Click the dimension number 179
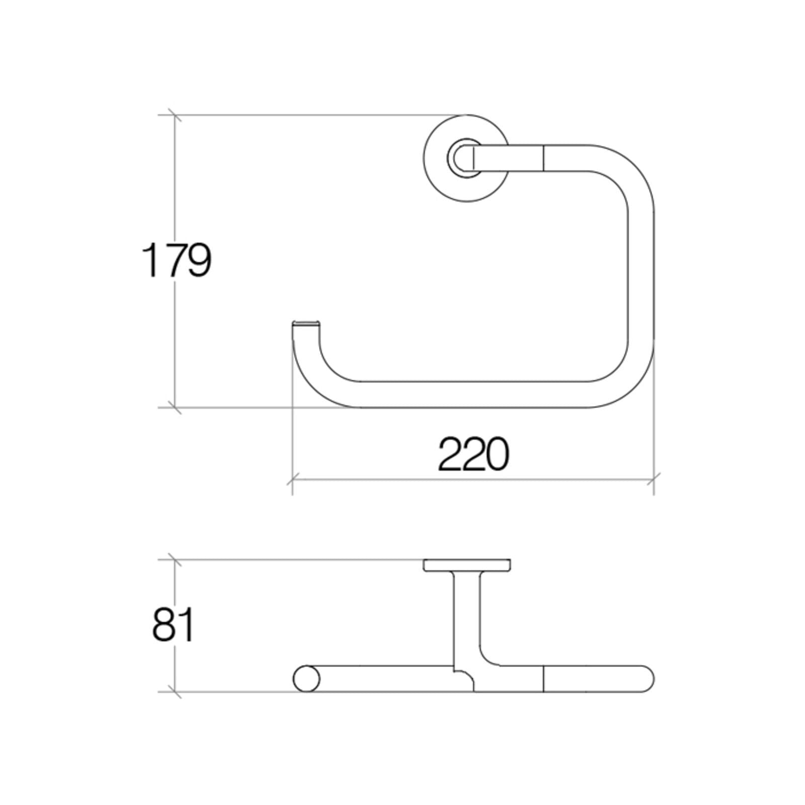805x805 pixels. pyautogui.click(x=176, y=260)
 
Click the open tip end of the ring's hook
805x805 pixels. pyautogui.click(x=305, y=323)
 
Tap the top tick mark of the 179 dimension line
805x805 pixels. pyautogui.click(x=175, y=115)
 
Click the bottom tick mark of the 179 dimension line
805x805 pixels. pyautogui.click(x=175, y=408)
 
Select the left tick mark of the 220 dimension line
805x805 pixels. pyautogui.click(x=292, y=480)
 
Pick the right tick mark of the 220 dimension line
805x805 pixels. pyautogui.click(x=654, y=480)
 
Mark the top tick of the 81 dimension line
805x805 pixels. pyautogui.click(x=175, y=559)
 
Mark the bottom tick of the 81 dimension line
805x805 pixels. pyautogui.click(x=175, y=692)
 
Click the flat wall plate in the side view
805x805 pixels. pyautogui.click(x=467, y=565)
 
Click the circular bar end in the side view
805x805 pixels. pyautogui.click(x=306, y=679)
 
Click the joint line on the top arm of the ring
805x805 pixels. pyautogui.click(x=544, y=158)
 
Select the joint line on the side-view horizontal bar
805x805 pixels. pyautogui.click(x=544, y=679)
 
